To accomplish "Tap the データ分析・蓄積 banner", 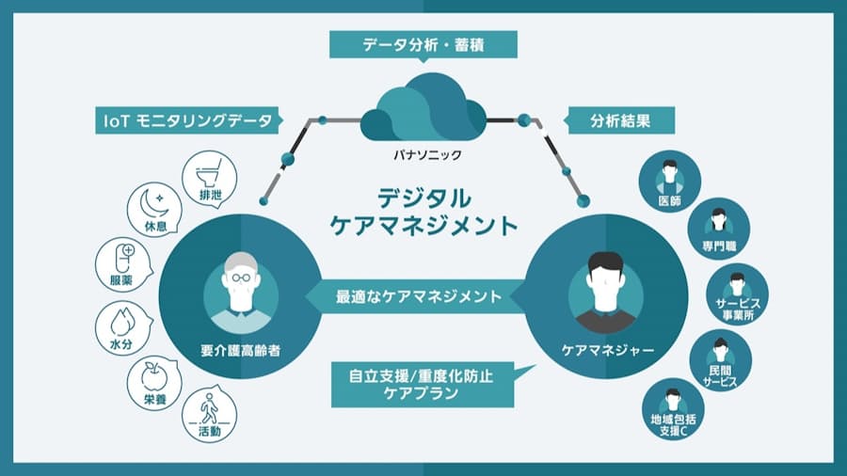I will point(423,44).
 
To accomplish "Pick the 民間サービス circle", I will point(721,361).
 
